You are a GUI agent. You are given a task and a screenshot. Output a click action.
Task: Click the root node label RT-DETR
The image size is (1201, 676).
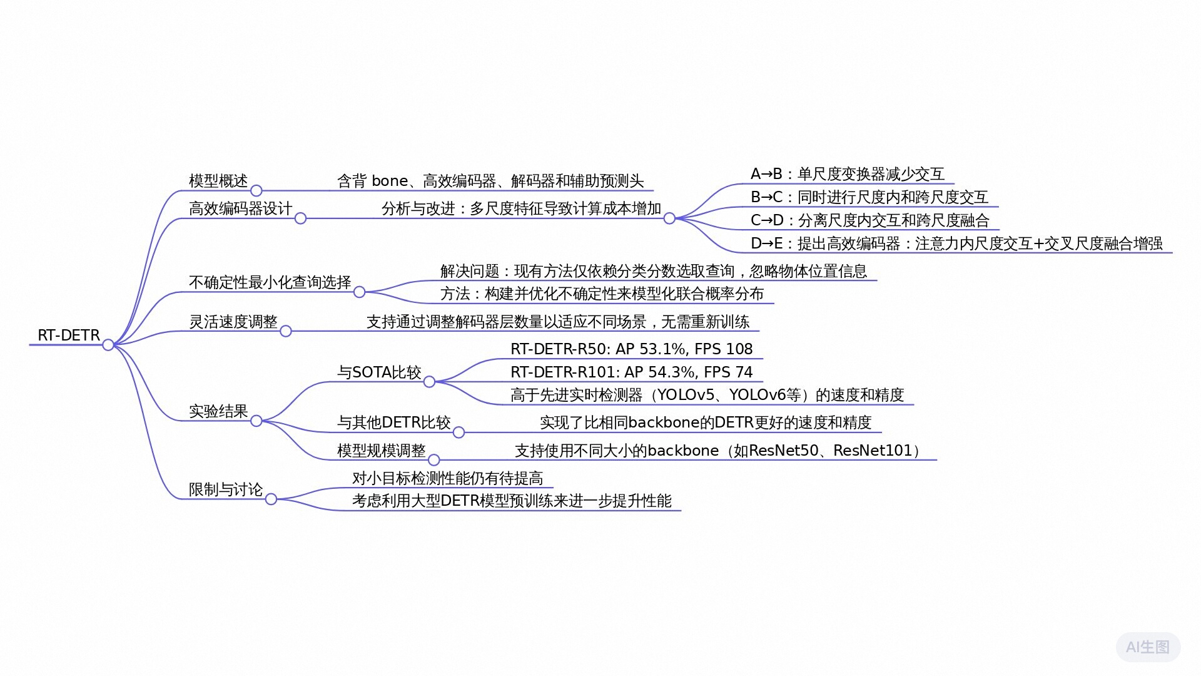pyautogui.click(x=69, y=335)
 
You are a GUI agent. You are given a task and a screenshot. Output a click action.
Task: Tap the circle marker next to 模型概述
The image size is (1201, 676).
pyautogui.click(x=256, y=190)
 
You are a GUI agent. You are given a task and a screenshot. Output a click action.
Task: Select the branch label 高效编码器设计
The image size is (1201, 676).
pyautogui.click(x=240, y=208)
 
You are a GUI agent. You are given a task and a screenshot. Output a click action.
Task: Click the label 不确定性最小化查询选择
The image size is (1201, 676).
pyautogui.click(x=270, y=282)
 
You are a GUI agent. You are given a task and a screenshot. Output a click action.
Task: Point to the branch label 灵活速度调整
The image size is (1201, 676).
pyautogui.click(x=233, y=322)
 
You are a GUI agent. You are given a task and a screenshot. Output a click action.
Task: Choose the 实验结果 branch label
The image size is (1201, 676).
pyautogui.click(x=218, y=411)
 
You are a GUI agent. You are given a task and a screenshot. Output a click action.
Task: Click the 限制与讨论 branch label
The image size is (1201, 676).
pyautogui.click(x=226, y=489)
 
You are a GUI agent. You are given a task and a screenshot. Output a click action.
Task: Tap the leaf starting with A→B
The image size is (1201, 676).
pyautogui.click(x=847, y=174)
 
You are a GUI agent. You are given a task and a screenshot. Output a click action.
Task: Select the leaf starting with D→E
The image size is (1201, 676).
pyautogui.click(x=956, y=243)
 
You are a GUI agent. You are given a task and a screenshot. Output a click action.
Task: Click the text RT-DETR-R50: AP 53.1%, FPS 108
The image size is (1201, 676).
pyautogui.click(x=631, y=349)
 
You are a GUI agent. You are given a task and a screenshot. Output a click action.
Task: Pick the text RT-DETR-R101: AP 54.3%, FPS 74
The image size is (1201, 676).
pyautogui.click(x=631, y=372)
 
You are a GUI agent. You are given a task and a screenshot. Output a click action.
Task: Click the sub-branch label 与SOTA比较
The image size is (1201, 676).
pyautogui.click(x=379, y=372)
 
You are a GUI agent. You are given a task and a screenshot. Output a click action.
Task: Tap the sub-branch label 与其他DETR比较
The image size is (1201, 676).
pyautogui.click(x=393, y=422)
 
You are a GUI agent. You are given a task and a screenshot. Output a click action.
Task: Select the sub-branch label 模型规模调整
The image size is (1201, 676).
pyautogui.click(x=381, y=451)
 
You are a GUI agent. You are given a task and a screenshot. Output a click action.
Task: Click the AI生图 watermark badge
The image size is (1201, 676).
pyautogui.click(x=1148, y=647)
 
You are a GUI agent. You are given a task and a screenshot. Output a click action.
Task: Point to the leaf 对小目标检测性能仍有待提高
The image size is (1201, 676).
pyautogui.click(x=447, y=478)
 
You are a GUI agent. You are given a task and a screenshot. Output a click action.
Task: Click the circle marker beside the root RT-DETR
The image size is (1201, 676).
pyautogui.click(x=108, y=345)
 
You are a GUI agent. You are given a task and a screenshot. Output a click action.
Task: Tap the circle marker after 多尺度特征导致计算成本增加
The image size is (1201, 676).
pyautogui.click(x=669, y=218)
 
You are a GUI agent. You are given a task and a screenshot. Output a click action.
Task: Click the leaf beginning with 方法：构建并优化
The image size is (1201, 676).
pyautogui.click(x=602, y=294)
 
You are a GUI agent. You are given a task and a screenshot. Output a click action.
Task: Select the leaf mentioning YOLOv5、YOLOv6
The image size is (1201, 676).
pyautogui.click(x=707, y=395)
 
